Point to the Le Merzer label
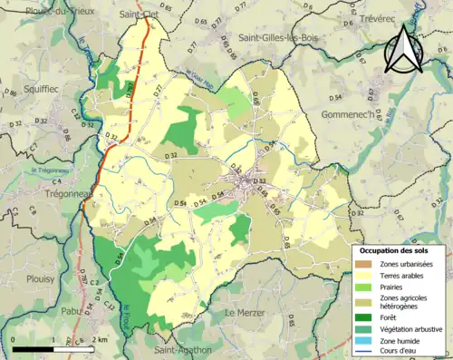244,312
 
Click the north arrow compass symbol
402,49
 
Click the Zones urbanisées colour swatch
367,263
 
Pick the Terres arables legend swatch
367,276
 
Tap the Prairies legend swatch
367,288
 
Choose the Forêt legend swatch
367,317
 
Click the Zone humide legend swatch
367,342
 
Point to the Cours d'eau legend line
367,353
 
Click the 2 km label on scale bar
101,338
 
